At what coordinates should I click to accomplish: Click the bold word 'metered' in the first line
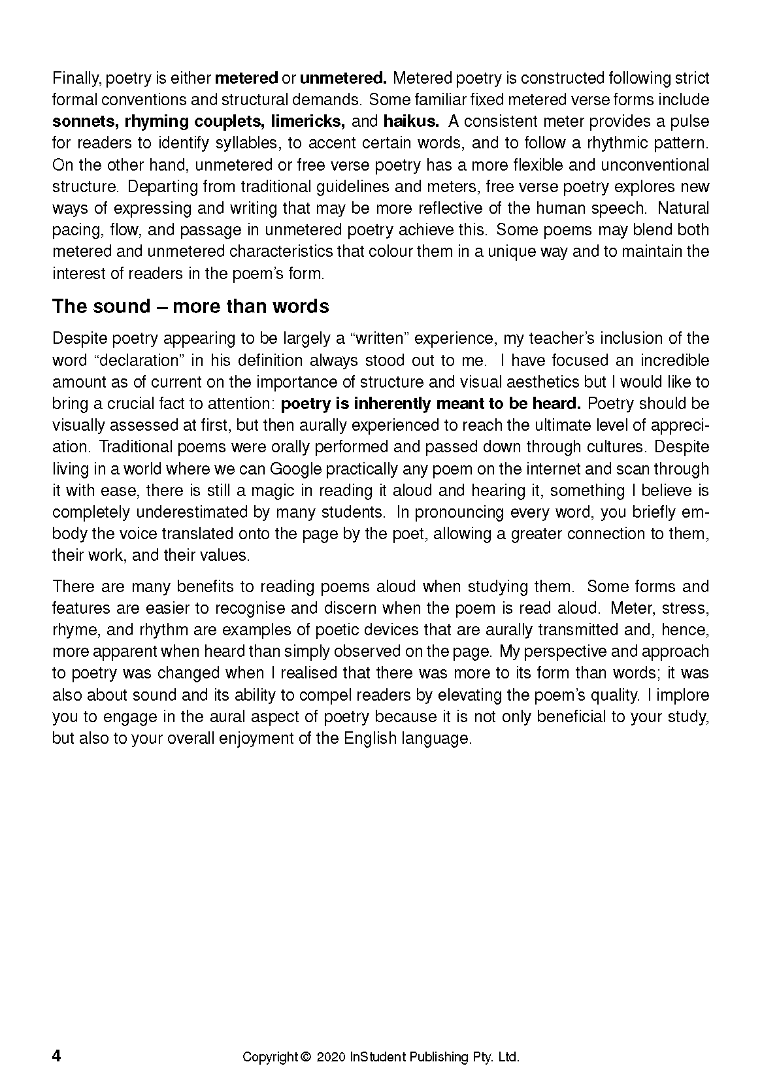coord(246,78)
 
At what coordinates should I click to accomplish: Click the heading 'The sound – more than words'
coord(190,307)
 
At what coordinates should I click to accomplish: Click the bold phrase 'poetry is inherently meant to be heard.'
coord(431,404)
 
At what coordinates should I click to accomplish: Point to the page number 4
coord(56,1056)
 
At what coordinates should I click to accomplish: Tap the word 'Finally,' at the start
coord(76,78)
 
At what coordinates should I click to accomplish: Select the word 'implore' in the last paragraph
coord(686,695)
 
